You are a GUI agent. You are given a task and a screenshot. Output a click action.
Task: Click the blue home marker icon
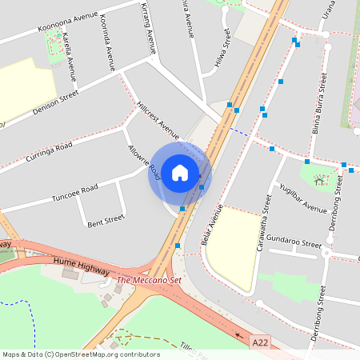pyautogui.click(x=180, y=172)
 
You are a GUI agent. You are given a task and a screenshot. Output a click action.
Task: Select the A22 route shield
pyautogui.click(x=260, y=342)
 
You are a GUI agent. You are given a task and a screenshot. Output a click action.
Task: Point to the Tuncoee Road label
pyautogui.click(x=74, y=192)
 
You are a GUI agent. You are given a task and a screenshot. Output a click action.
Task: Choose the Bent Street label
pyautogui.click(x=106, y=218)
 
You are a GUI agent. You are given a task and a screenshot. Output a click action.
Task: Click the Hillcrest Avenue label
pyautogui.click(x=158, y=117)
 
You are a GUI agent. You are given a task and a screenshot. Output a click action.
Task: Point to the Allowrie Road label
pyautogui.click(x=144, y=162)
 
